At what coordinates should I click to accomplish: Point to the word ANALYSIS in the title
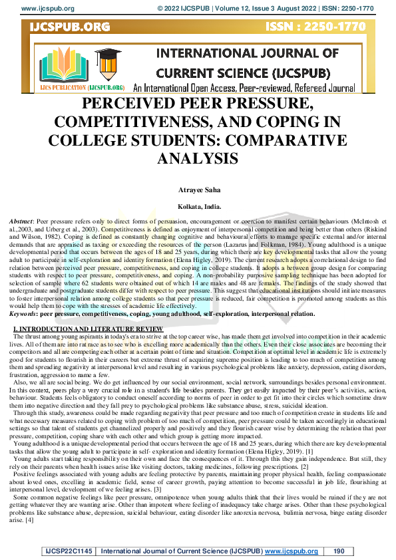click(198, 158)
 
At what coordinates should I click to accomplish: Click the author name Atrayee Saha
click(198, 190)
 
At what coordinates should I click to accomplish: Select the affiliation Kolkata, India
click(198, 206)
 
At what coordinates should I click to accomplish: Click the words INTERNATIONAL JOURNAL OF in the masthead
click(247, 53)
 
